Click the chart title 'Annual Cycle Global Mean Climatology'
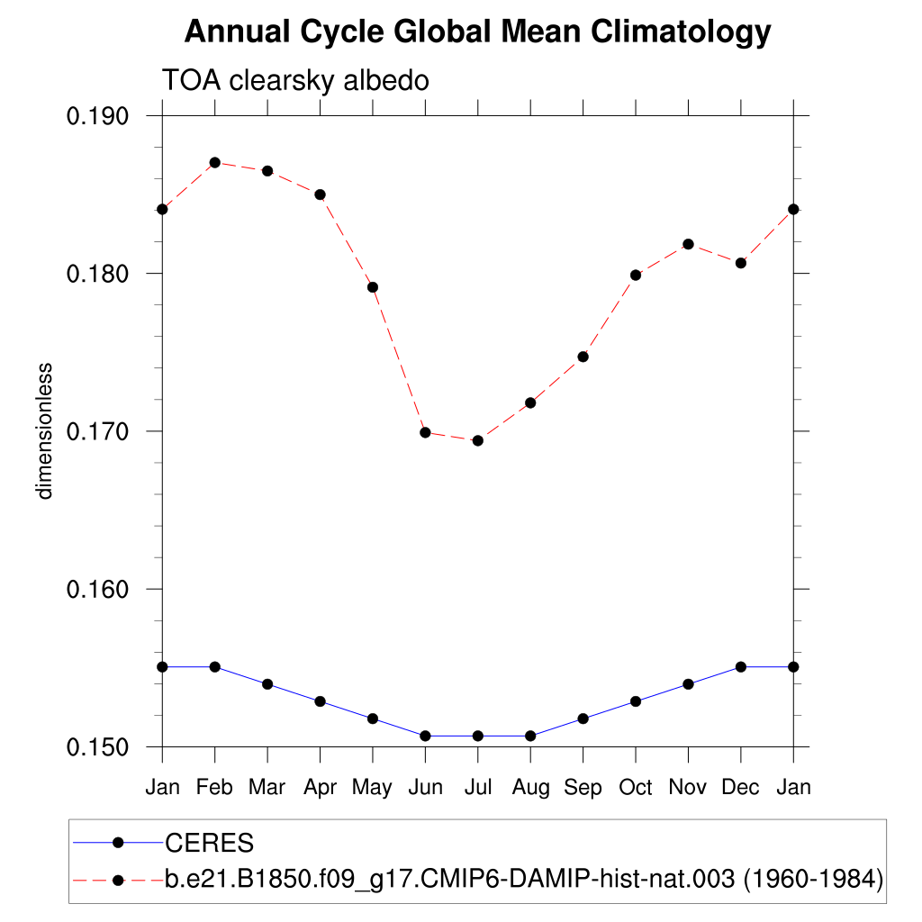click(x=477, y=32)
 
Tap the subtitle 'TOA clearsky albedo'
click(x=294, y=80)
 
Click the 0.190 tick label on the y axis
click(x=99, y=116)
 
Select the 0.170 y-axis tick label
click(x=99, y=431)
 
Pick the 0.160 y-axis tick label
click(x=99, y=589)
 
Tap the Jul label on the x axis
click(x=478, y=788)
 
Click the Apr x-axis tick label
click(x=320, y=788)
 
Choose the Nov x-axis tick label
click(x=688, y=788)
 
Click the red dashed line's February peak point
click(x=214, y=163)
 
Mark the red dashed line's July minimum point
click(x=478, y=440)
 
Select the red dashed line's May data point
click(x=373, y=287)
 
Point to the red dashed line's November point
click(x=688, y=244)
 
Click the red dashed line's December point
click(x=741, y=263)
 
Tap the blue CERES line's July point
click(x=478, y=736)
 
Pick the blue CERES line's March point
click(x=267, y=684)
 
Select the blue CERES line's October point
click(x=636, y=701)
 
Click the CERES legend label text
click(x=210, y=844)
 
